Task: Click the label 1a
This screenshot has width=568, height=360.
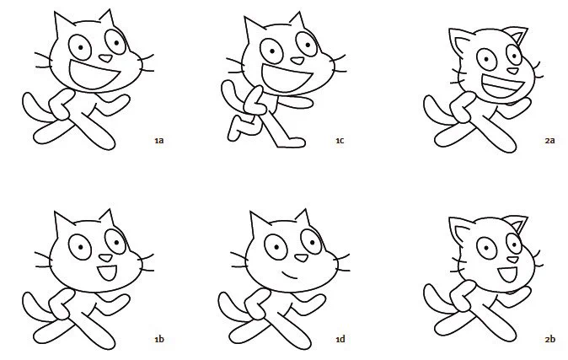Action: click(x=159, y=140)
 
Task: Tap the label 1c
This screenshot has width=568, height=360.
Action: click(x=340, y=140)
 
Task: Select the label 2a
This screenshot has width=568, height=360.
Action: click(x=550, y=140)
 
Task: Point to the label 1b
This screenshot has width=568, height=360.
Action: click(x=159, y=339)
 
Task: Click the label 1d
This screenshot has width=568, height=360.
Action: click(x=340, y=339)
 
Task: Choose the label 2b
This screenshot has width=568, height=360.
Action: click(x=550, y=339)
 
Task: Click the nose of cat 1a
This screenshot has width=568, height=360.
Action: click(x=106, y=58)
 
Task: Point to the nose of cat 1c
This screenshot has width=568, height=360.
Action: click(x=297, y=61)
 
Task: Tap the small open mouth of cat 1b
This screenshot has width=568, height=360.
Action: click(x=107, y=272)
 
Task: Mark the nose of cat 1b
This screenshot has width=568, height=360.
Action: click(x=106, y=258)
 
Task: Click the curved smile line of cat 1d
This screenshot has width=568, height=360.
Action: click(x=290, y=275)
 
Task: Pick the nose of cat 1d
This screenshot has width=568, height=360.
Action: click(x=301, y=258)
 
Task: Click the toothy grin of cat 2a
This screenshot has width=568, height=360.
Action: click(x=503, y=87)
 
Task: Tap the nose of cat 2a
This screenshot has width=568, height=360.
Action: click(x=512, y=71)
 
